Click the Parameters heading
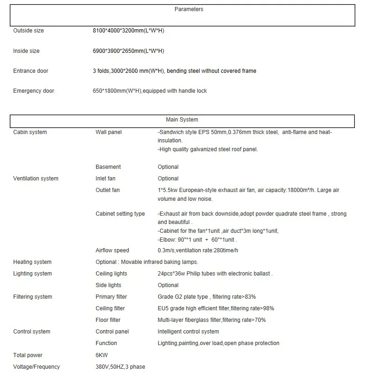[189, 9]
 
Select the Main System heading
[182, 120]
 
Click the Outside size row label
[28, 31]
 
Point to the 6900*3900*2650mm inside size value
[128, 51]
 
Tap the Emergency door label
[33, 91]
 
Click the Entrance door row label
[31, 71]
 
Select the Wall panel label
[109, 132]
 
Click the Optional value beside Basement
[168, 167]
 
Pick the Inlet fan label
[105, 179]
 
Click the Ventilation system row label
[36, 179]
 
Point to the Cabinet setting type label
[120, 214]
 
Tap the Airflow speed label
[112, 250]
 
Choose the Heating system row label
[32, 262]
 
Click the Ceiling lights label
[111, 274]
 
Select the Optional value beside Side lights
[168, 285]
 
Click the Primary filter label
[111, 297]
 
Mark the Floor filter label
[108, 320]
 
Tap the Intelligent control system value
[188, 332]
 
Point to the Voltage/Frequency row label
[36, 367]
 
